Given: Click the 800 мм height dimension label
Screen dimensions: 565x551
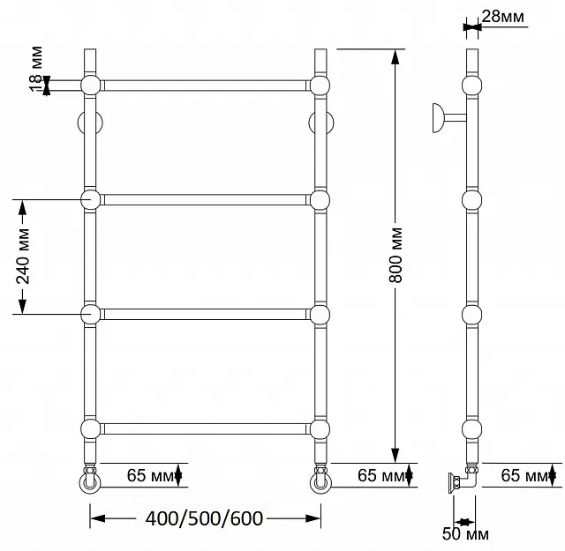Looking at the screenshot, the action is point(395,255).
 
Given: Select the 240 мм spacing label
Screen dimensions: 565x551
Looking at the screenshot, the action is point(23,257).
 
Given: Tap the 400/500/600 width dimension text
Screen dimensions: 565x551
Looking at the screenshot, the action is point(204,518).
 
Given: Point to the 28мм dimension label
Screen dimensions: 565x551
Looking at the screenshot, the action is point(502,17).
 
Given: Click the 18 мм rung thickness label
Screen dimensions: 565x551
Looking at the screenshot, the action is point(35,69).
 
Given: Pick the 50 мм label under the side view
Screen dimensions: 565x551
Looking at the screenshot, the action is point(465,533).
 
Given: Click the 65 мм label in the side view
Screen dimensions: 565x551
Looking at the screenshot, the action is point(524,475).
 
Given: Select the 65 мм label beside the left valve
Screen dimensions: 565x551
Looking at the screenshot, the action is point(150,475).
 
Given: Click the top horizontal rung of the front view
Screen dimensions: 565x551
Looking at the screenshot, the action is point(205,86).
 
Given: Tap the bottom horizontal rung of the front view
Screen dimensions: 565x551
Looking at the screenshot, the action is point(205,429).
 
